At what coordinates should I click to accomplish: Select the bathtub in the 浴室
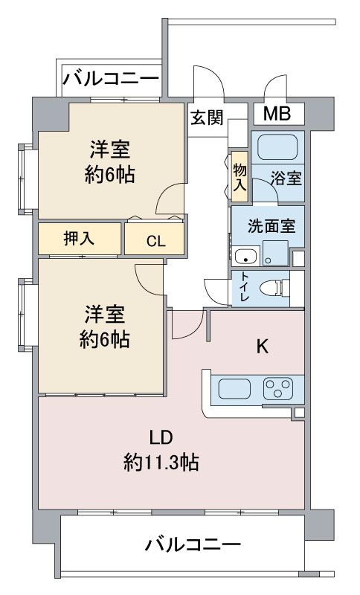[x=277, y=147]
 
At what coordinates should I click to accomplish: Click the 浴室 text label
[x=286, y=178]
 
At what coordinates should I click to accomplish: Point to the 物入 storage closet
[x=240, y=177]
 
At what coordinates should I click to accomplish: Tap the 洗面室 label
[x=271, y=226]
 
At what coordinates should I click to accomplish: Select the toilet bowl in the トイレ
[x=274, y=288]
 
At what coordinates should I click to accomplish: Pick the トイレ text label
[x=244, y=287]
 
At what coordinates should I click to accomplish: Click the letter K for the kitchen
[x=263, y=346]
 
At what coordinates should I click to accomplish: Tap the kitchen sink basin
[x=234, y=389]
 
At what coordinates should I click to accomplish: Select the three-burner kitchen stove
[x=278, y=388]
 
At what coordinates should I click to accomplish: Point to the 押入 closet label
[x=79, y=238]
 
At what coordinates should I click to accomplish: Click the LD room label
[x=161, y=438]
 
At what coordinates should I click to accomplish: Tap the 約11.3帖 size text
[x=161, y=462]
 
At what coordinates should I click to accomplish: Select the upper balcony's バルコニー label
[x=110, y=80]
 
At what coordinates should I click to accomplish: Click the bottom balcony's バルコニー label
[x=193, y=545]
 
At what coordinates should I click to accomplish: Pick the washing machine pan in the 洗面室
[x=275, y=253]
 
